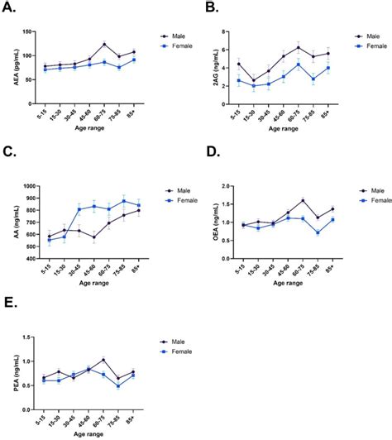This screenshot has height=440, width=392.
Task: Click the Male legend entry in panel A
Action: pos(176,36)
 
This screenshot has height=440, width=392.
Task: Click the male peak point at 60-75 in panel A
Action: pos(104,45)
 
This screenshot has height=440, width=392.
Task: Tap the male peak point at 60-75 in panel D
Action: pos(303,200)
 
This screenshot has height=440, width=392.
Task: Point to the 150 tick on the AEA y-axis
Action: pos(35,31)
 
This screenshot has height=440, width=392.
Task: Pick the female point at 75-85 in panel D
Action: pos(317,233)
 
